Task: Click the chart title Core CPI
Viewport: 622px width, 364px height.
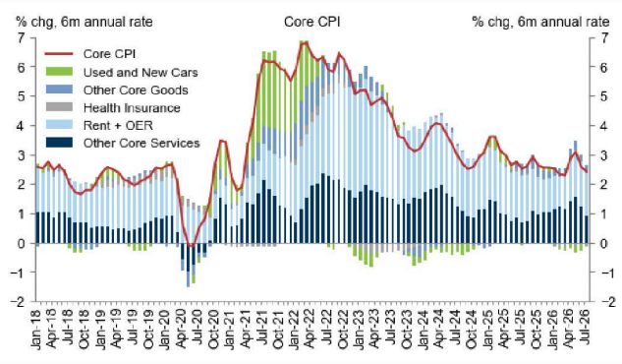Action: [311, 22]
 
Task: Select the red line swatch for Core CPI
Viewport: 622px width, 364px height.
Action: [60, 53]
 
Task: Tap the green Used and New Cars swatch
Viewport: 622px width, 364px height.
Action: [60, 72]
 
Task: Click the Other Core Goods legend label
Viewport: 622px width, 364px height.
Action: [136, 91]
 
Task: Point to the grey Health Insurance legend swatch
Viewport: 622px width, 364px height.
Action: [60, 107]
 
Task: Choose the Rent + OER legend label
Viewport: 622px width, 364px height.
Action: [118, 126]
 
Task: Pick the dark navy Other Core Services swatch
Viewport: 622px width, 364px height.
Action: [60, 143]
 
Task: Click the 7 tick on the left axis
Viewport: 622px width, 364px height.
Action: [21, 38]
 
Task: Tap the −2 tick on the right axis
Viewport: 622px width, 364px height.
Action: [607, 302]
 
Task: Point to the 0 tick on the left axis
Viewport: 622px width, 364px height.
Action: [21, 243]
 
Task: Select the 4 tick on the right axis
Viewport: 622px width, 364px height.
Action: [603, 126]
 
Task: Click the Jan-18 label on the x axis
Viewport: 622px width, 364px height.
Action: [36, 327]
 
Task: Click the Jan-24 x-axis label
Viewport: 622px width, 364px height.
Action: [423, 327]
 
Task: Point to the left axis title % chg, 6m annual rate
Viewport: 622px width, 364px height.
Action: [84, 22]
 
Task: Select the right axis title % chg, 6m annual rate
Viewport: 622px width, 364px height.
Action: [540, 22]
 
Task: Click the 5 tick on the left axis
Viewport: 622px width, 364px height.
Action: [21, 96]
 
